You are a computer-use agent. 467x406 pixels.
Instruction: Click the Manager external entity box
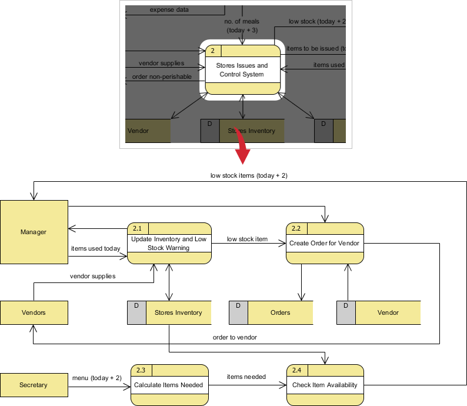point(34,232)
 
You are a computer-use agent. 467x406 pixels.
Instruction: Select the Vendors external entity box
point(34,312)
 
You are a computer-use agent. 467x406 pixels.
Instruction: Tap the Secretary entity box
point(34,385)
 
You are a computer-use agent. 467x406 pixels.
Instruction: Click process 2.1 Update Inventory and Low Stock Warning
point(169,244)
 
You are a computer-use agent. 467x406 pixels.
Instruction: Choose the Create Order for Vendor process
point(324,243)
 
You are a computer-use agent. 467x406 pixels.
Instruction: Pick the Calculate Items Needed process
point(169,385)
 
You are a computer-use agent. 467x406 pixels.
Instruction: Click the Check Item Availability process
point(325,385)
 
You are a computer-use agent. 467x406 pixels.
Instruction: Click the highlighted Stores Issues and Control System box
point(242,69)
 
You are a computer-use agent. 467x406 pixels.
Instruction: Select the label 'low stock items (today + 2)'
point(249,175)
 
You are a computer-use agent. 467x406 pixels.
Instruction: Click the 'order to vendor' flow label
point(235,338)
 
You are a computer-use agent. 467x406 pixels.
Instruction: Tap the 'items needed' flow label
point(246,377)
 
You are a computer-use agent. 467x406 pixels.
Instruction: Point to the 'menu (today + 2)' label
point(96,378)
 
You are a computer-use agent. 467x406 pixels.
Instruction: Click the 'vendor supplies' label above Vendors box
point(92,275)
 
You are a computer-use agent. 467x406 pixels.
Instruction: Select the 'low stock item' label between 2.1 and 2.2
point(247,239)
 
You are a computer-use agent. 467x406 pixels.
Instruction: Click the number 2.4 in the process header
point(296,370)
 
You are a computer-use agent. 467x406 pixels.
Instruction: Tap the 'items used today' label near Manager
point(95,248)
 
